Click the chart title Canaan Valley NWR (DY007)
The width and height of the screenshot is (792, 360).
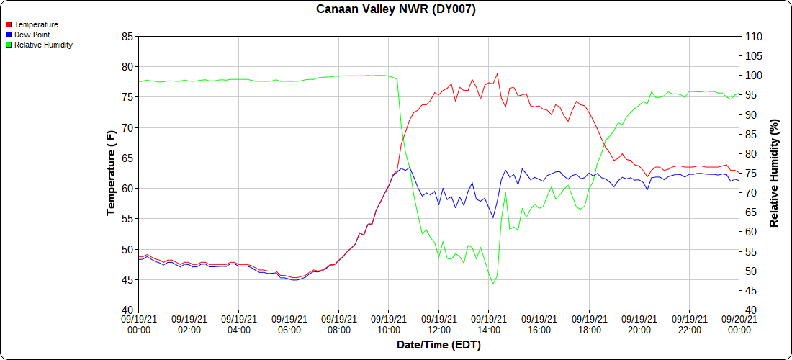[396, 9]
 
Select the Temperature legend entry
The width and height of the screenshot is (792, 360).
[36, 24]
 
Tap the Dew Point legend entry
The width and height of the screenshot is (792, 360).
[32, 35]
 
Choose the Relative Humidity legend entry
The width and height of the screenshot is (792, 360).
[43, 45]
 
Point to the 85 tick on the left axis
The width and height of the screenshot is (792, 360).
[127, 37]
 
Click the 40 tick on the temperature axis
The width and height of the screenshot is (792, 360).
[127, 310]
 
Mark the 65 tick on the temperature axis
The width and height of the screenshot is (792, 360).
[127, 158]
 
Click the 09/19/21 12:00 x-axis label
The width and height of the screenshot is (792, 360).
[439, 325]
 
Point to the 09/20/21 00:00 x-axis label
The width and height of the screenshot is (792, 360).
[739, 325]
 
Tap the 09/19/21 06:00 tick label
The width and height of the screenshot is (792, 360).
[289, 325]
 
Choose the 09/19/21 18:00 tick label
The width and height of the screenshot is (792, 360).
[590, 325]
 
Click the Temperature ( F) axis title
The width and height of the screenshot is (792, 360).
[111, 173]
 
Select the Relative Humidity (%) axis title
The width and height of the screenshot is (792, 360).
[775, 173]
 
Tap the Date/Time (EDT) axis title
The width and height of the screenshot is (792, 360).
[438, 345]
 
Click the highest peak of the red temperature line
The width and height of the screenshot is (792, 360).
[497, 73]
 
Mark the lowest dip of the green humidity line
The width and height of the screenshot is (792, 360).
[493, 284]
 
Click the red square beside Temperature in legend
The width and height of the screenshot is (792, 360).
[8, 24]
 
